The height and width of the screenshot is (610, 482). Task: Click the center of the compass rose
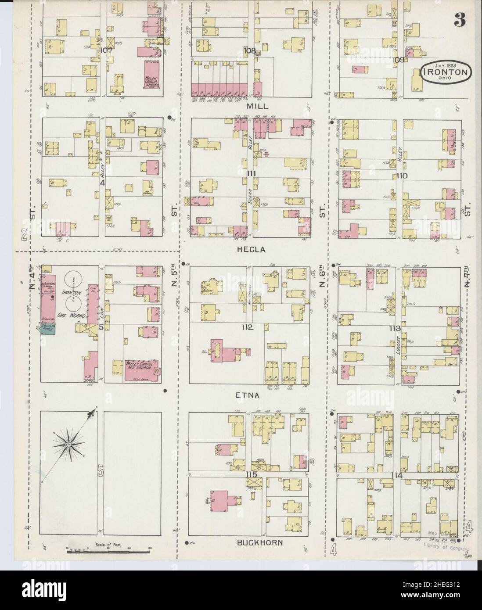coord(69,445)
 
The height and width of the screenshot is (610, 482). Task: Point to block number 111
coord(251,174)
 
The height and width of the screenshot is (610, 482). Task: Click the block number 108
coord(250,50)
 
